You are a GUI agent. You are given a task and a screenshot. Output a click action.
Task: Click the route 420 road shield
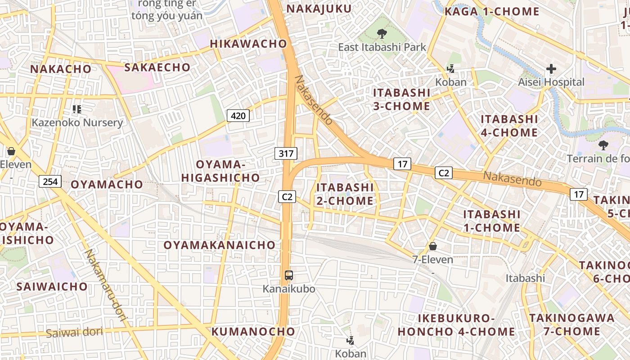tap(238, 116)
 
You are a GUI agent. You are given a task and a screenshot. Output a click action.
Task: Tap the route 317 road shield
tap(286, 153)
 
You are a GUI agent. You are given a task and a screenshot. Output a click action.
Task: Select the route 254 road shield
tap(50, 181)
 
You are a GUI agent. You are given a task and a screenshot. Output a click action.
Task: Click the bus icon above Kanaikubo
tap(289, 275)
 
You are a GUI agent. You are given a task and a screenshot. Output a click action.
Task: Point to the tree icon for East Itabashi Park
tap(382, 33)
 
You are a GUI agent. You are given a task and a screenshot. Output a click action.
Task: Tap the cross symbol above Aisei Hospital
tap(551, 69)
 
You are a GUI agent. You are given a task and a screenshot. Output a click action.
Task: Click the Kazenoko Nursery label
tap(77, 122)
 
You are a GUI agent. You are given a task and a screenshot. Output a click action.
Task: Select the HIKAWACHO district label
tap(248, 44)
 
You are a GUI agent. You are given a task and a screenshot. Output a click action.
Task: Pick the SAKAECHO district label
tap(157, 67)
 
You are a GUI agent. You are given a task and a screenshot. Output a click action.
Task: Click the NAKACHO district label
tap(61, 69)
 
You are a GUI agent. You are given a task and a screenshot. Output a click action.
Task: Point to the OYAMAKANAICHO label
tap(220, 245)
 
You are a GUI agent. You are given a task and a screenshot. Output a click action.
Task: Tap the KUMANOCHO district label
tap(253, 332)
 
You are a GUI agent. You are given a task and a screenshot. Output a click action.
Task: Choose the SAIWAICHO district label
tap(52, 287)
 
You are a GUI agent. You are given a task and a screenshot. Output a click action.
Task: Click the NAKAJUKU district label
tap(319, 9)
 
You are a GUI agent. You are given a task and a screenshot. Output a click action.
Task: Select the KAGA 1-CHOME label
tap(492, 12)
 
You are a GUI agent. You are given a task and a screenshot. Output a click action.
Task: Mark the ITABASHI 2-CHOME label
tap(345, 194)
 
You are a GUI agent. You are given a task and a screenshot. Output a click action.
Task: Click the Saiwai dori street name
tap(74, 333)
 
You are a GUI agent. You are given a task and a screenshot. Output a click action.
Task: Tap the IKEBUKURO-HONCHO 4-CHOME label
tap(456, 325)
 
